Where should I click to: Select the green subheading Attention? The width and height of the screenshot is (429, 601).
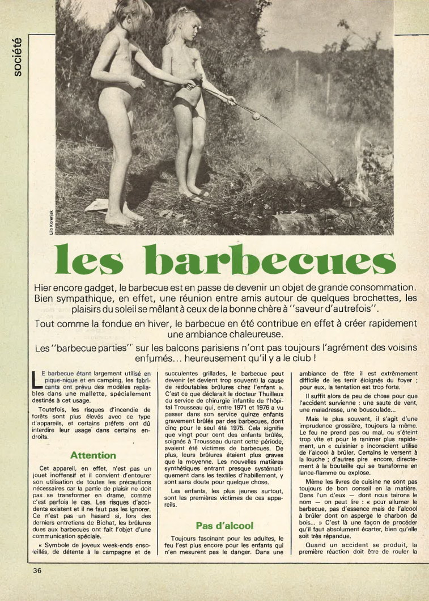[93, 455]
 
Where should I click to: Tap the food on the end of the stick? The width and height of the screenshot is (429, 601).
[256, 117]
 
